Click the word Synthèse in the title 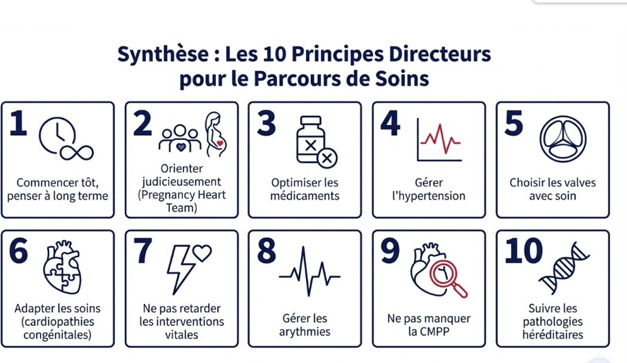(x=163, y=54)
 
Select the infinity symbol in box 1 (x=77, y=152)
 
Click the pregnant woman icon (x=216, y=134)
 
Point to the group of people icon (x=180, y=139)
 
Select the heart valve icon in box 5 (x=563, y=139)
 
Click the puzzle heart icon (x=63, y=267)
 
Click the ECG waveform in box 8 (x=310, y=272)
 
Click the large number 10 (x=524, y=251)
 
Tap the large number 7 (x=143, y=251)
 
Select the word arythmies (x=305, y=332)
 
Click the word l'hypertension (x=429, y=196)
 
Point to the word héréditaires (x=553, y=334)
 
